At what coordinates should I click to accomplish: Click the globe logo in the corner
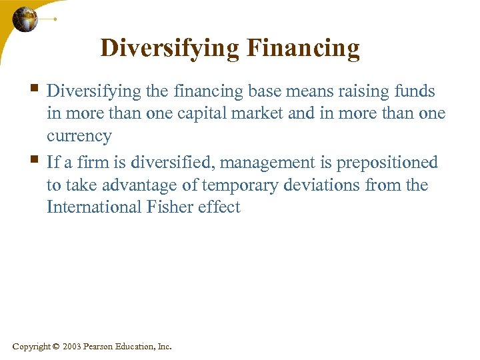pos(25,19)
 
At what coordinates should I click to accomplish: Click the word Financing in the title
pos(303,48)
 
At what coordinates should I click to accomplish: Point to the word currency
pos(79,136)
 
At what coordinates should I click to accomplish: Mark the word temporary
pos(245,185)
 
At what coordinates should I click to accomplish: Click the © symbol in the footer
pos(55,347)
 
